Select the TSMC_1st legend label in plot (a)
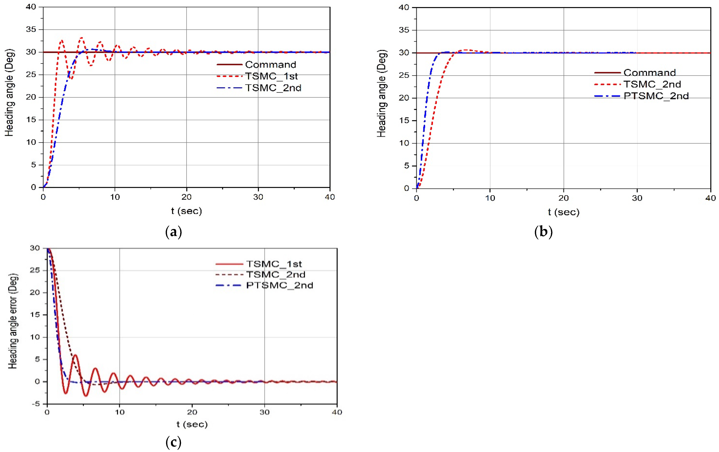tap(271, 76)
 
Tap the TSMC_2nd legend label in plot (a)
tap(273, 88)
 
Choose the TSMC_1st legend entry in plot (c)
tap(274, 264)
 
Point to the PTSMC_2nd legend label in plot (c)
tap(280, 285)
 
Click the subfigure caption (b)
tap(543, 232)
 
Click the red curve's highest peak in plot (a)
tap(81, 38)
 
